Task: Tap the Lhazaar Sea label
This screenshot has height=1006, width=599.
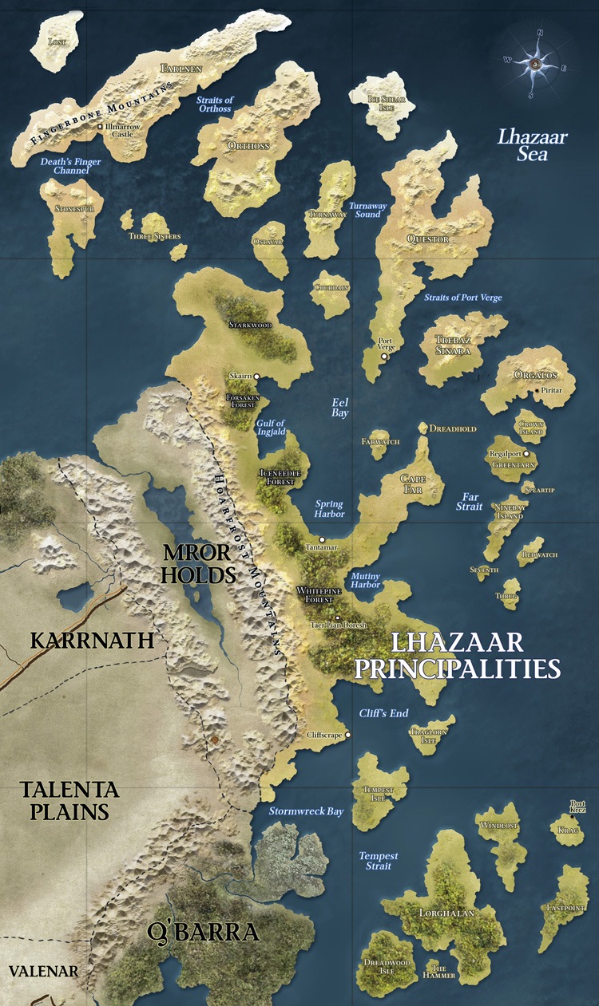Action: pos(532,144)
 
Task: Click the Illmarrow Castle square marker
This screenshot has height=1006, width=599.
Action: pos(99,127)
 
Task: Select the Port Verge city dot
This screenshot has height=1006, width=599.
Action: pos(384,357)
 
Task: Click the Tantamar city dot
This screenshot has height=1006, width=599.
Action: pos(322,540)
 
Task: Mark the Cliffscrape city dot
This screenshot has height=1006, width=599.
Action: pos(347,735)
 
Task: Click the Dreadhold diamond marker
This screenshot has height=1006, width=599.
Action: pos(423,428)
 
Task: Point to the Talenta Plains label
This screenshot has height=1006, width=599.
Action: pos(69,800)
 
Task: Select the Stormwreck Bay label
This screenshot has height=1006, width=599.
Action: pos(306,811)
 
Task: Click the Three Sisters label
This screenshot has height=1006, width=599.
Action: pos(155,236)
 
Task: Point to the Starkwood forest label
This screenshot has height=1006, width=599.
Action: pos(251,325)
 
